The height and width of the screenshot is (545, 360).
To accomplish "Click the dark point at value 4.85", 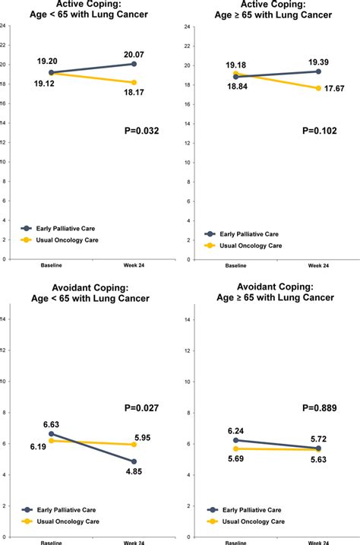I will click(134, 461).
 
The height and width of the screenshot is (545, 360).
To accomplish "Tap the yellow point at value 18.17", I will click(134, 82).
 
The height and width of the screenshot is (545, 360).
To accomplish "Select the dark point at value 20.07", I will click(134, 64).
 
